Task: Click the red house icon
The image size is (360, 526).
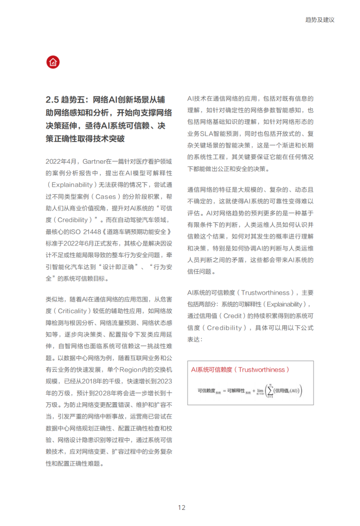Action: point(53,63)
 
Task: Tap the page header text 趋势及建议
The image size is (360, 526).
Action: point(320,20)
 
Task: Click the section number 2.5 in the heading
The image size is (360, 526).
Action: point(53,99)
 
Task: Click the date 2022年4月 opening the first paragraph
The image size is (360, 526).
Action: point(62,161)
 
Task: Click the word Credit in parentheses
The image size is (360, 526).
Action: point(237,315)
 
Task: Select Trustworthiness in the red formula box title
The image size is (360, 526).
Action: point(263,370)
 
